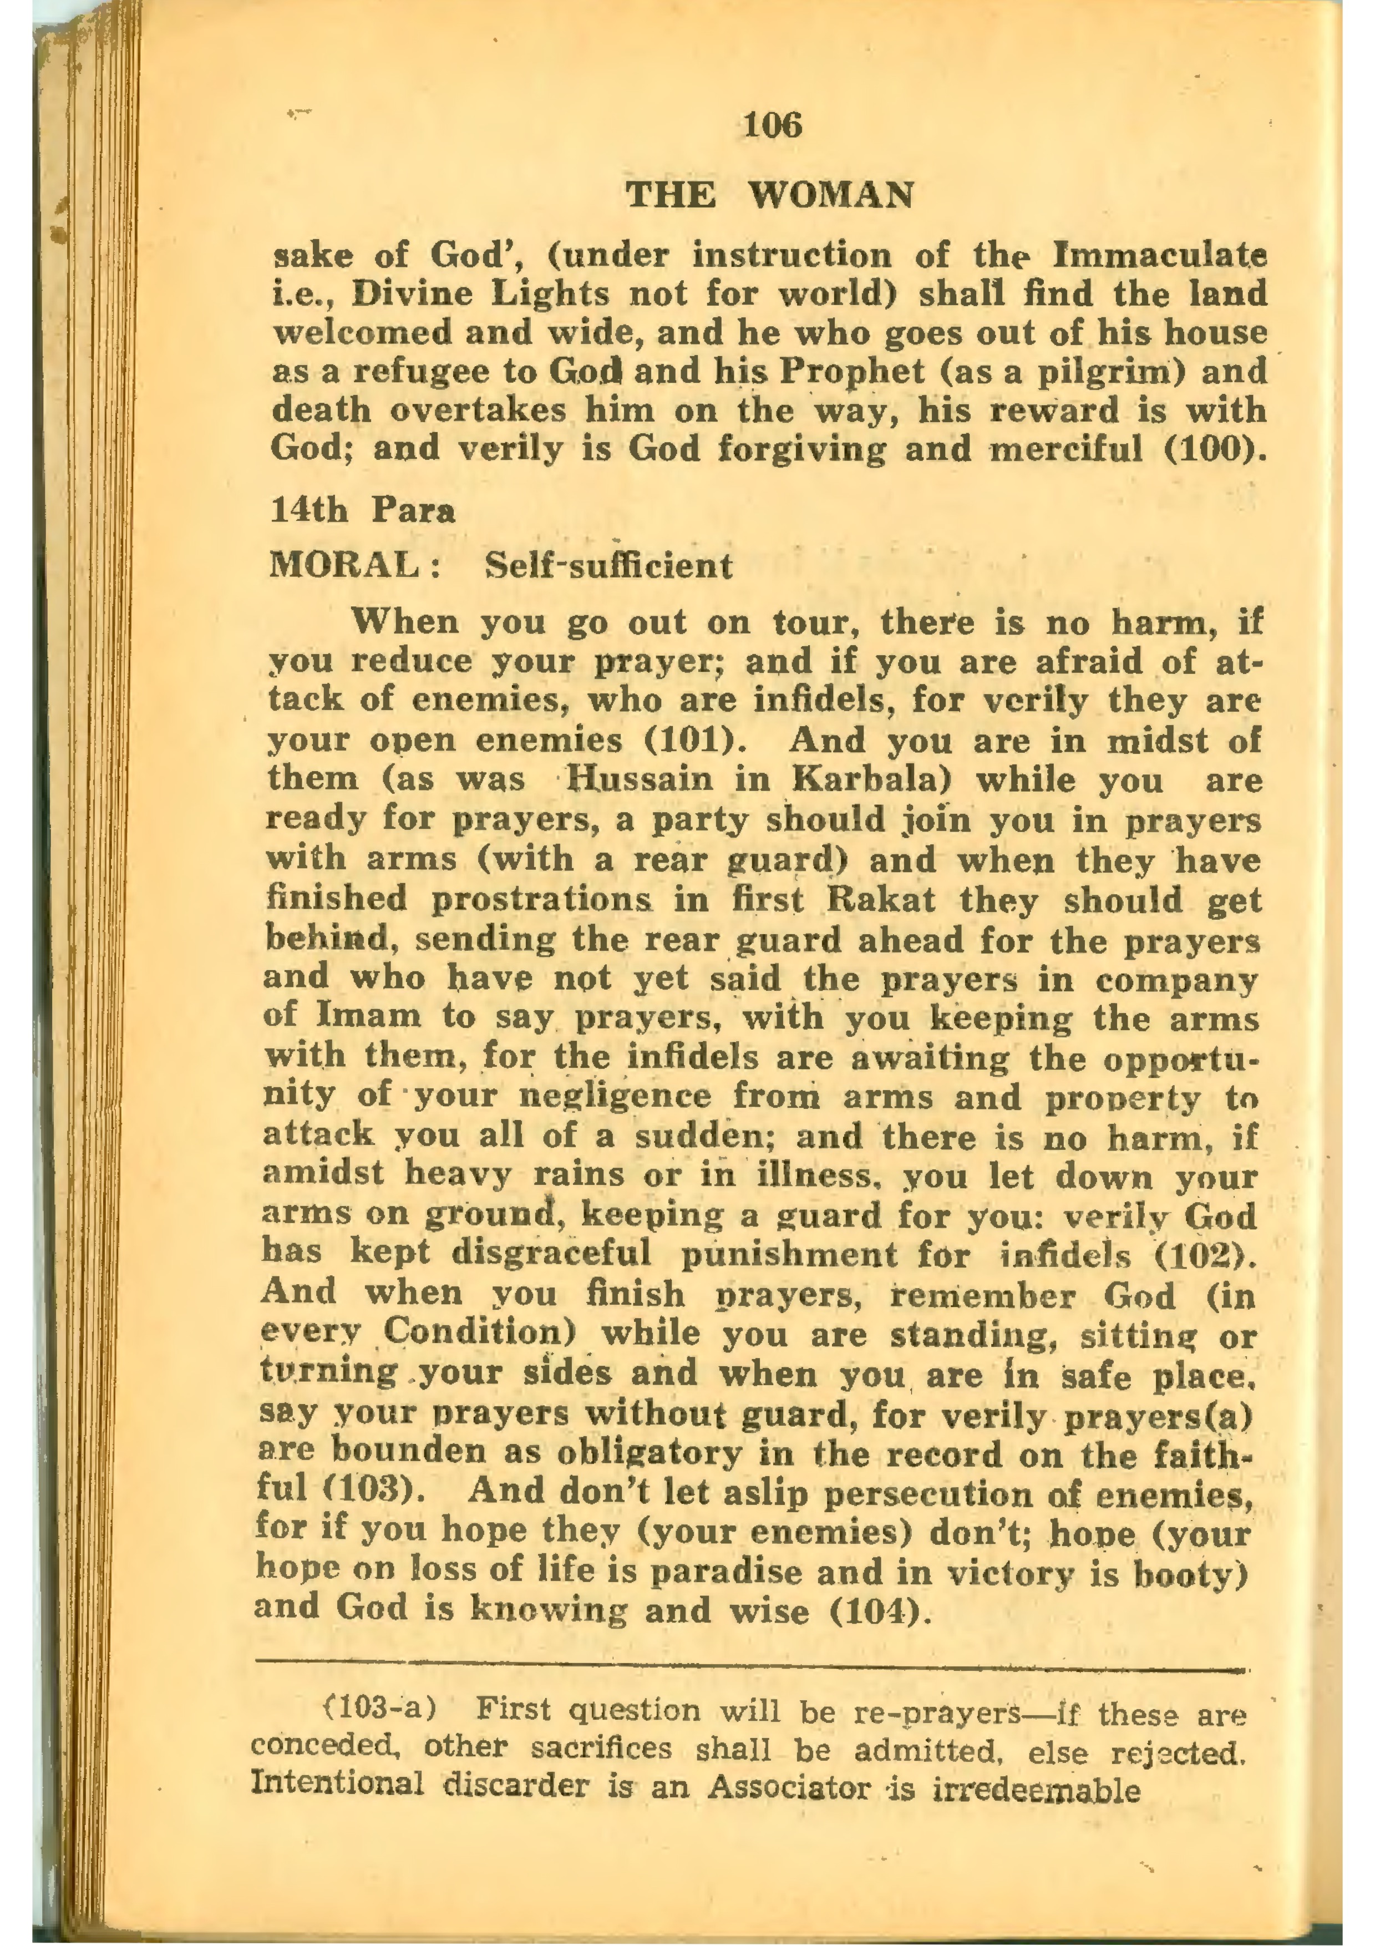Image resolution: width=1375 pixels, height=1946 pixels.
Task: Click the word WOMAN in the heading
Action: pyautogui.click(x=831, y=196)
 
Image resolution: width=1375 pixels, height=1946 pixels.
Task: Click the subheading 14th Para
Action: pyautogui.click(x=363, y=511)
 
